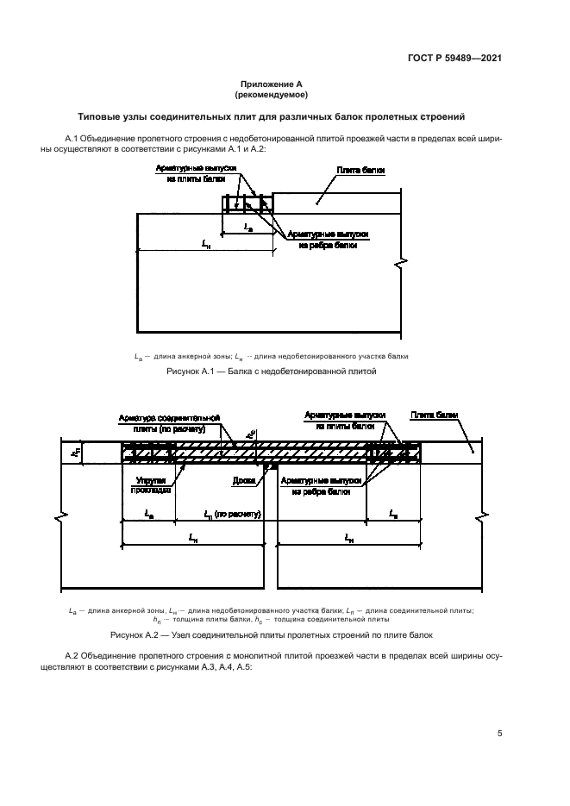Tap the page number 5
coord(500,734)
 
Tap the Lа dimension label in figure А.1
coord(248,227)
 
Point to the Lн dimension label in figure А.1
coord(205,245)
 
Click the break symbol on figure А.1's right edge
coord(398,262)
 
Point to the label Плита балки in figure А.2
coord(434,415)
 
